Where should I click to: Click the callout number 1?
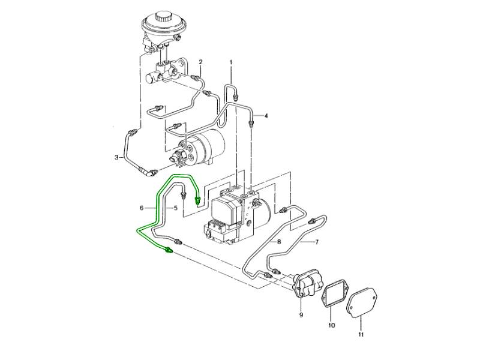pyautogui.click(x=231, y=62)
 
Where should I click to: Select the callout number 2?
pyautogui.click(x=200, y=62)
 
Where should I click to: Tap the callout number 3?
pyautogui.click(x=117, y=158)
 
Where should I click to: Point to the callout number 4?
pyautogui.click(x=266, y=116)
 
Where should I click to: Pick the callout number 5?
pyautogui.click(x=176, y=208)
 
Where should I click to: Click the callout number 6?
pyautogui.click(x=142, y=208)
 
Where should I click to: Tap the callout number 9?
pyautogui.click(x=301, y=314)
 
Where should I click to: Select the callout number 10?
pyautogui.click(x=331, y=326)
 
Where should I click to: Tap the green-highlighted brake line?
pyautogui.click(x=157, y=204)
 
